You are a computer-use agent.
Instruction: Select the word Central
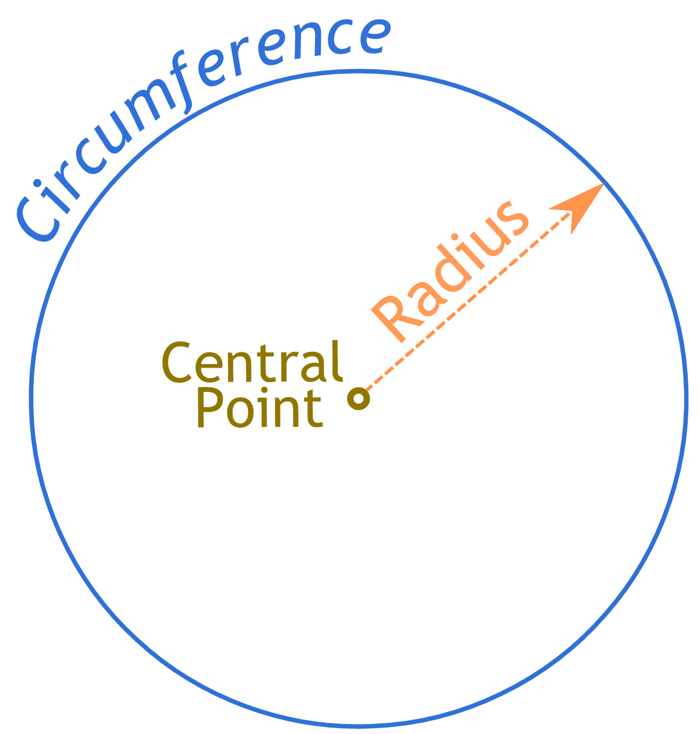251,362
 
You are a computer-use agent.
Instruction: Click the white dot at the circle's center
358,399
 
